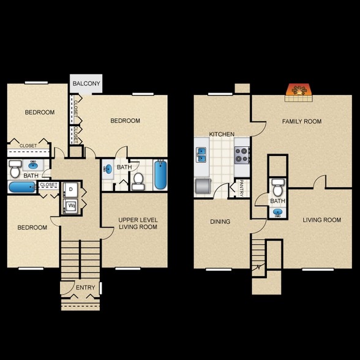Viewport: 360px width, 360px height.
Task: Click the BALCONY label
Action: coord(86,83)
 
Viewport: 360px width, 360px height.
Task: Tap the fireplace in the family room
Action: coord(299,92)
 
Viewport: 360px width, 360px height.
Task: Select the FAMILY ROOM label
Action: coord(302,121)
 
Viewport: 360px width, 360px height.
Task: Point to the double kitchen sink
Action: coord(201,154)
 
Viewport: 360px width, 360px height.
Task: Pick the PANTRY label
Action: coord(241,189)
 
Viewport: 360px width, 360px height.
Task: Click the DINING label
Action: coord(220,222)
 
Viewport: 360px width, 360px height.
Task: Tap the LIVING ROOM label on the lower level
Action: coord(321,220)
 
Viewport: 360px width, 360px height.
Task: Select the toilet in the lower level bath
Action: coord(278,187)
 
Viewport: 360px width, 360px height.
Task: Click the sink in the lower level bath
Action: coord(278,212)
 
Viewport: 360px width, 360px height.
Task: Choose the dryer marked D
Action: coord(70,189)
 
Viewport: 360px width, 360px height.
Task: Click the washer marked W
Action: coord(70,206)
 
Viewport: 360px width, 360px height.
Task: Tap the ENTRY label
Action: coord(86,288)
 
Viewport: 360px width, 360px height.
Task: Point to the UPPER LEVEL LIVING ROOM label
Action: coord(138,223)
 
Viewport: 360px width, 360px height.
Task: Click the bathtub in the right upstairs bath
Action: coord(160,175)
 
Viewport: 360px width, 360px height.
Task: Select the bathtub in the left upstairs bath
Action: coord(22,187)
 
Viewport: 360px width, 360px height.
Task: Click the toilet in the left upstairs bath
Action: coord(15,169)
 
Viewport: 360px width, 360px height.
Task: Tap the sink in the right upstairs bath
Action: coord(108,170)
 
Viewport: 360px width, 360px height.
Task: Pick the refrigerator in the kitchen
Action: coord(203,186)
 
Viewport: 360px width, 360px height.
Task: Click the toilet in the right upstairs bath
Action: coord(138,181)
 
